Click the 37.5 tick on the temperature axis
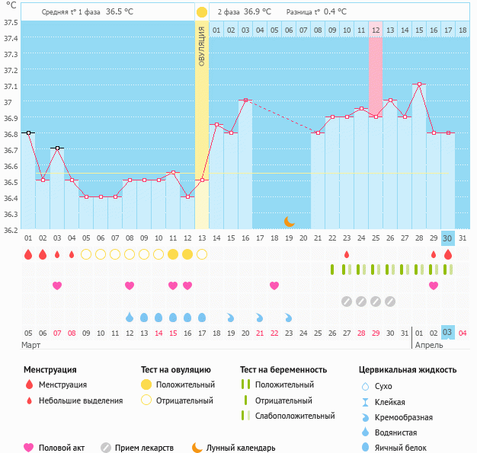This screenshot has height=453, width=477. pyautogui.click(x=11, y=22)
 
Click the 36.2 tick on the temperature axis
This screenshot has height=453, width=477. pyautogui.click(x=11, y=229)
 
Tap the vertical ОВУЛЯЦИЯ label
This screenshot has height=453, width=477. pyautogui.click(x=202, y=46)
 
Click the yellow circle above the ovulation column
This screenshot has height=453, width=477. pyautogui.click(x=201, y=12)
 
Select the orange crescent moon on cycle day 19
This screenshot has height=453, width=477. pyautogui.click(x=289, y=222)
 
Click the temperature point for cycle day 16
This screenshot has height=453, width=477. pyautogui.click(x=245, y=100)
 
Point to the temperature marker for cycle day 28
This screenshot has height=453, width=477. pyautogui.click(x=419, y=84)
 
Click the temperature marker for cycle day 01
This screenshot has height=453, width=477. pyautogui.click(x=28, y=132)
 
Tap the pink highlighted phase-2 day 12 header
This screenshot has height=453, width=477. pyautogui.click(x=376, y=30)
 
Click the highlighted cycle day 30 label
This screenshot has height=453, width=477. pyautogui.click(x=448, y=238)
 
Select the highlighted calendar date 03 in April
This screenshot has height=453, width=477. pyautogui.click(x=448, y=333)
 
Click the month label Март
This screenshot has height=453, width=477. pyautogui.click(x=31, y=346)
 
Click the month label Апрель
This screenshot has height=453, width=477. pyautogui.click(x=429, y=346)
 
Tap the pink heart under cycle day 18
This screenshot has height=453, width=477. pyautogui.click(x=274, y=286)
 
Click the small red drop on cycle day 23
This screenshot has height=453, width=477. pyautogui.click(x=347, y=254)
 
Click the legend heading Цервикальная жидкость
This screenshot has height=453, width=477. pyautogui.click(x=408, y=370)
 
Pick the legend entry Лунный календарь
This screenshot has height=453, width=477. pyautogui.click(x=243, y=448)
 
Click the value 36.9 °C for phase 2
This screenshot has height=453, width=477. pyautogui.click(x=258, y=12)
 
